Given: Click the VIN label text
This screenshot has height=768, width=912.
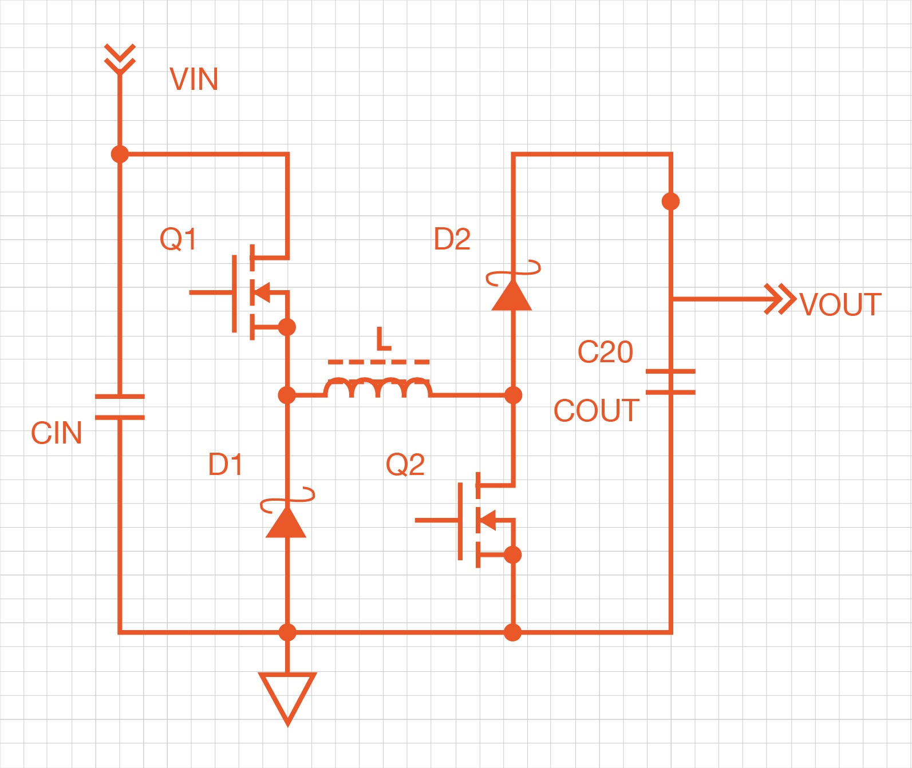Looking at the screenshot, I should point(194,79).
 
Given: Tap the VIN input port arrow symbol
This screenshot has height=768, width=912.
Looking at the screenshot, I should point(120,58).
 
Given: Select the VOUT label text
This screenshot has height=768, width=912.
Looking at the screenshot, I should point(840,304).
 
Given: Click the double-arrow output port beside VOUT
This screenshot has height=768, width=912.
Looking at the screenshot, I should point(780,299).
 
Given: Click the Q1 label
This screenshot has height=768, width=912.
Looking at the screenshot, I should point(178,239).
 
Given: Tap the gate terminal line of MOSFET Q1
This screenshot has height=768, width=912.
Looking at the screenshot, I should point(211,292).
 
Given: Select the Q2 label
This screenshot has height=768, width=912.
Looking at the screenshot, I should point(405,464).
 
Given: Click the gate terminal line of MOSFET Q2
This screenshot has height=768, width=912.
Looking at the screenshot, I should point(436,520).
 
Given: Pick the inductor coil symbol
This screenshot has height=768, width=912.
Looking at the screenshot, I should point(378,387).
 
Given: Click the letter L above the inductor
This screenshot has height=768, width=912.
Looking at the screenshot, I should point(383,339).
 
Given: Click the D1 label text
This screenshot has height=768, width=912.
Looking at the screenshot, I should point(225,464).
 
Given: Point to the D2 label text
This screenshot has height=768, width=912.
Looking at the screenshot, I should point(452,239).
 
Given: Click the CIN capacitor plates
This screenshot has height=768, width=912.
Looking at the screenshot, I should point(120,407).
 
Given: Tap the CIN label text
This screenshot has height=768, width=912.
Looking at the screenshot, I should point(56,433).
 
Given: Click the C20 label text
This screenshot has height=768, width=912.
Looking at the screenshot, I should point(605,351).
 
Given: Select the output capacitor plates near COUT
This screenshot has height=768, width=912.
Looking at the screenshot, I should point(670,382).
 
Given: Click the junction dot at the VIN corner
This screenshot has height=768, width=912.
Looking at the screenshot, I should point(120,154).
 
